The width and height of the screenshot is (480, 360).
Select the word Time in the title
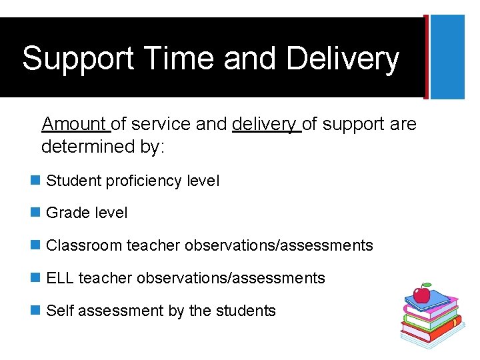(x=169, y=59)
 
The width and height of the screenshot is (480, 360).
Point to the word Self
(x=59, y=311)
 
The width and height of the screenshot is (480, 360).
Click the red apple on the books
(x=421, y=293)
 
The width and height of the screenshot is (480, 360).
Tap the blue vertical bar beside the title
(x=447, y=57)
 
